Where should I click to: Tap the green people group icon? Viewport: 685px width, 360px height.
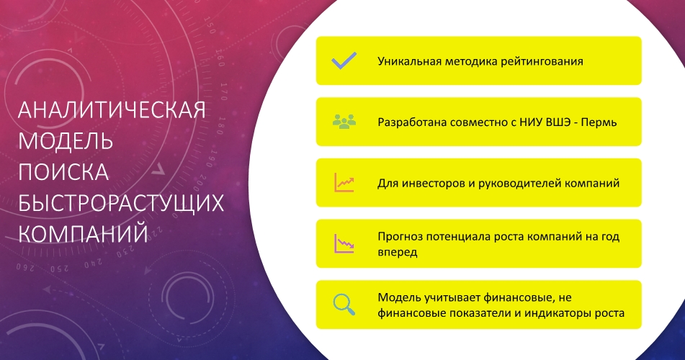pos(344,122)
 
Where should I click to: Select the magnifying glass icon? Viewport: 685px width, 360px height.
pos(344,305)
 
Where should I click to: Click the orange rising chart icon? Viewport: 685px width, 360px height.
pos(344,183)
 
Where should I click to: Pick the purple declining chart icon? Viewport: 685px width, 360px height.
pos(344,243)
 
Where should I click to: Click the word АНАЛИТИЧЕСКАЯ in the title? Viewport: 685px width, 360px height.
pos(112,111)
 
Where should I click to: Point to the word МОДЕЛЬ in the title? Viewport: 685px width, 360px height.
pos(65,141)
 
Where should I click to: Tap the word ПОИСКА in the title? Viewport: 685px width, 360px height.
pos(63,172)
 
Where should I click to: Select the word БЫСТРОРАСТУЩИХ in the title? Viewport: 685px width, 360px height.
pos(120,203)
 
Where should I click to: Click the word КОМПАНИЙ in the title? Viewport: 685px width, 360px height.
pos(83,234)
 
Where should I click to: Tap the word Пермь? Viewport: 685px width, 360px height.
pos(600,122)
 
